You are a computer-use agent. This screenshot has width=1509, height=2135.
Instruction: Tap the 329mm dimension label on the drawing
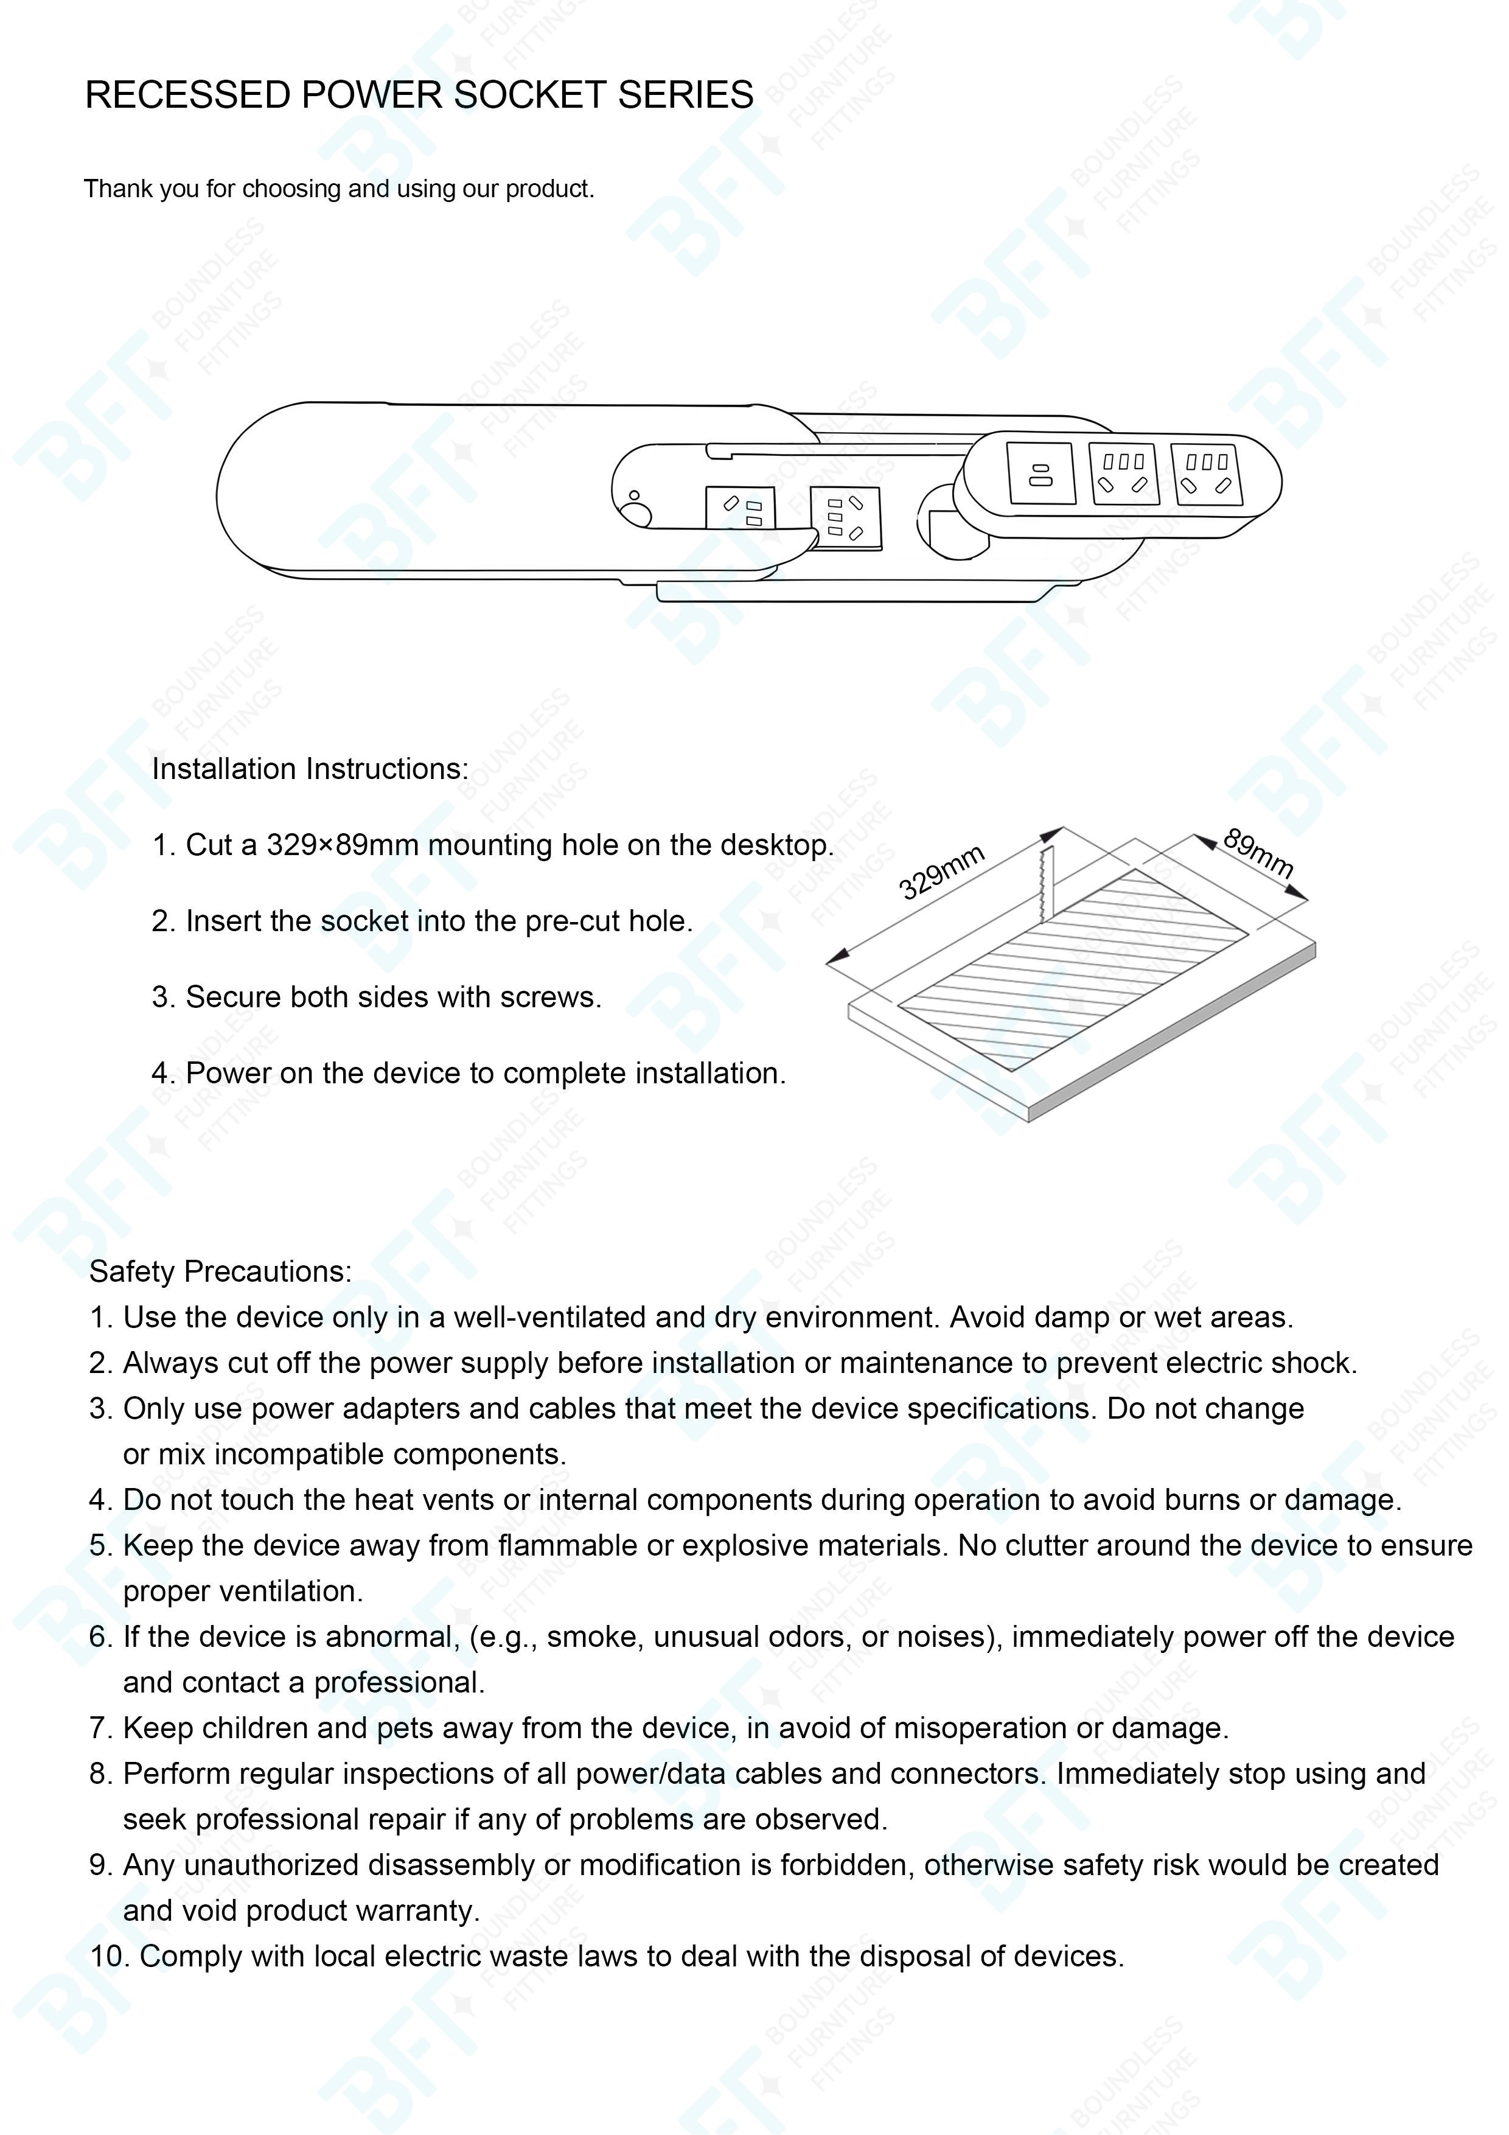pos(941,872)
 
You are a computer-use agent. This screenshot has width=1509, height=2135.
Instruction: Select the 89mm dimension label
pos(1257,853)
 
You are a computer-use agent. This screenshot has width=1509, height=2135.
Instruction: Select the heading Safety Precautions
pos(220,1271)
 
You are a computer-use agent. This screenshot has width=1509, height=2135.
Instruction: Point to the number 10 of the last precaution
pos(107,1957)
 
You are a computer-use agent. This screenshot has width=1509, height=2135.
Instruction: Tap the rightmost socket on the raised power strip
pos(1206,474)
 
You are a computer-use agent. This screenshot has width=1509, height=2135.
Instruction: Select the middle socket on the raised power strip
pos(1123,473)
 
